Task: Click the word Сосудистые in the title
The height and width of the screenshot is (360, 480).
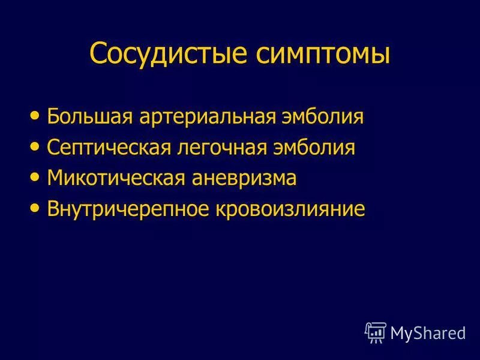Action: tap(169, 54)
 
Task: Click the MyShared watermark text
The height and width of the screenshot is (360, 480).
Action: tap(427, 332)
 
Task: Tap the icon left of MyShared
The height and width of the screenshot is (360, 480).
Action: tap(375, 331)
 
